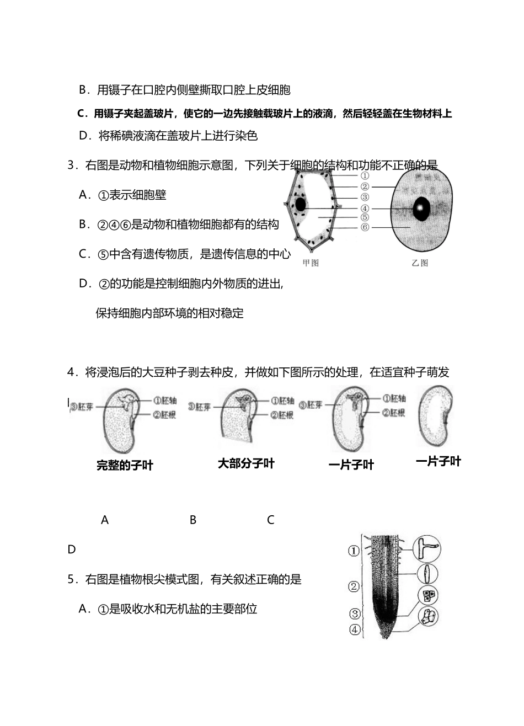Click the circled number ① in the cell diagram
tap(365, 177)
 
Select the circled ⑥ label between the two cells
tap(365, 227)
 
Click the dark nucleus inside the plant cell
tap(301, 205)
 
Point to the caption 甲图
tap(311, 263)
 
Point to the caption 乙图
tap(420, 263)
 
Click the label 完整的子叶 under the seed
tap(125, 466)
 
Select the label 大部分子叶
tap(246, 463)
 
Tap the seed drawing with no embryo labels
tap(436, 416)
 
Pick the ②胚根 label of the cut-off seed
tap(282, 415)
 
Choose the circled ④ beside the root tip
tap(355, 629)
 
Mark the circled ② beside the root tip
tap(355, 586)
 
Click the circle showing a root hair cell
tap(426, 549)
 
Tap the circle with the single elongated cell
tap(427, 574)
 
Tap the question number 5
tap(71, 579)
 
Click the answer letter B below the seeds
tap(193, 520)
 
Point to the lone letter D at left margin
tap(71, 549)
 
